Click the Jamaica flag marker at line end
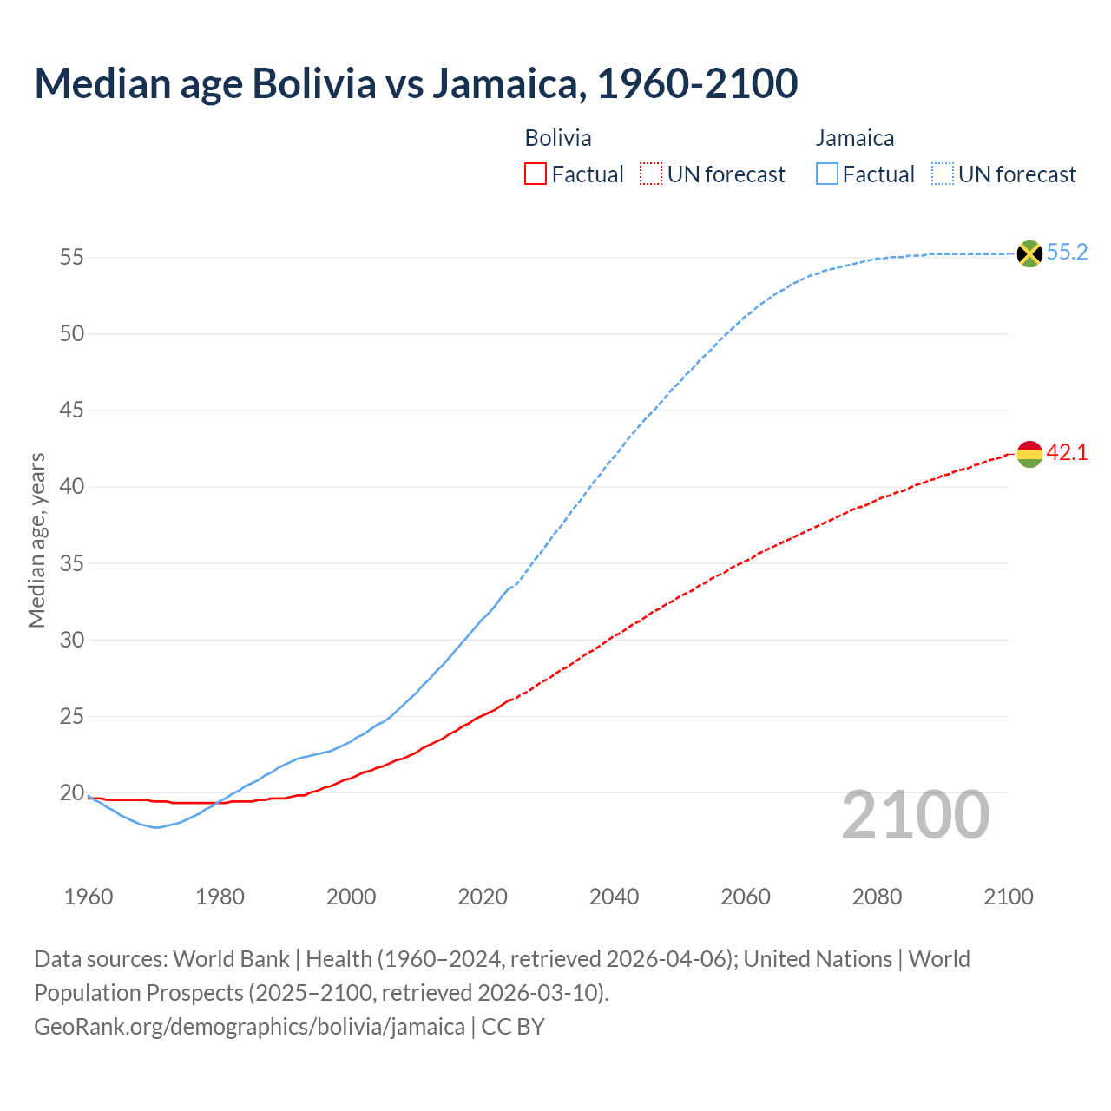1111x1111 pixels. pos(1029,253)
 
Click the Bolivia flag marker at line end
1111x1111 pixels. pos(1029,453)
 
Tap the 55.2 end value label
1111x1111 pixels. pos(1067,253)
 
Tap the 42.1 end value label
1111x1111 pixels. pos(1067,452)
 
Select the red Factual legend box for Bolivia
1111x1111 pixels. pos(536,174)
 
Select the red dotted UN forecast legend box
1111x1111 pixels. pos(651,174)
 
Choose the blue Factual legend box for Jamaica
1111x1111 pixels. pos(827,174)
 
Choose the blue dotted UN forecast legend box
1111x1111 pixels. pos(943,174)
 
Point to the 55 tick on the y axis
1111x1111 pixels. pos(71,257)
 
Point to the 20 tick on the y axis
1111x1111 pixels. pos(71,792)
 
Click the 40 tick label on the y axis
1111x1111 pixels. pos(71,486)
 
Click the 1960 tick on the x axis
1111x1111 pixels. pos(89,897)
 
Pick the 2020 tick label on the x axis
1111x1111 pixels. pos(483,897)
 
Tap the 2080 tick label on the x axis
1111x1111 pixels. pos(877,897)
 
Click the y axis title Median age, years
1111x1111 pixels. pos(36,540)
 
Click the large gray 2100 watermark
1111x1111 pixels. pos(916,815)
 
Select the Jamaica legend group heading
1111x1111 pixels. pos(855,138)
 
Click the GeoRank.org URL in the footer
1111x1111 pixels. pos(249,1027)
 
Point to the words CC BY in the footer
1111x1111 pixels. pos(513,1027)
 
